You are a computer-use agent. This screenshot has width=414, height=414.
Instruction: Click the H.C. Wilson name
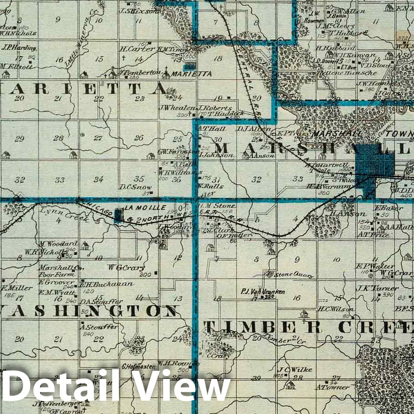336,309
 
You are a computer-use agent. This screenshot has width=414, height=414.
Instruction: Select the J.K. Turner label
378,288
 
